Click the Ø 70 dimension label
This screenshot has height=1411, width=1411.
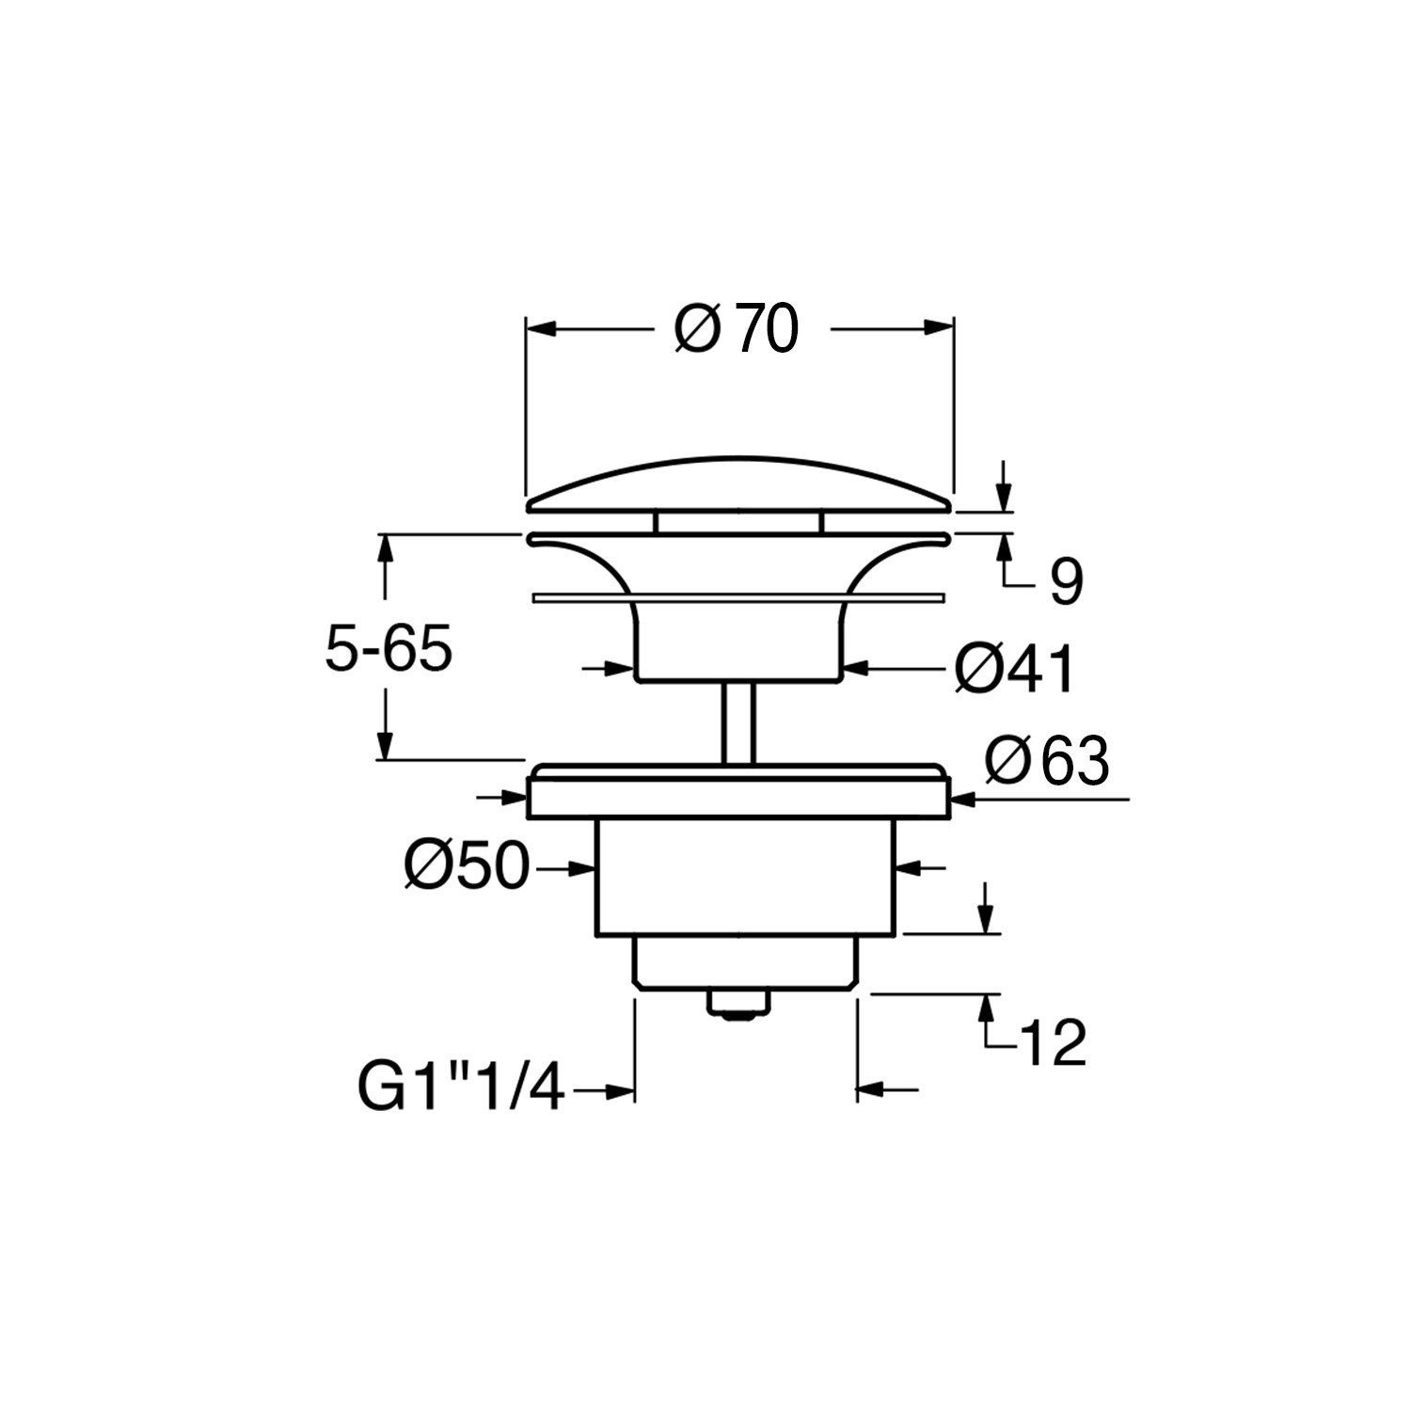coord(737,330)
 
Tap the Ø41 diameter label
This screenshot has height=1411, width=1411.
coord(1014,670)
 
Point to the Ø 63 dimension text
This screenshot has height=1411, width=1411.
coord(1046,761)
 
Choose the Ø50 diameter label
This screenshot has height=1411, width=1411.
coord(468,865)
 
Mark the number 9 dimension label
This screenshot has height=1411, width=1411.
coord(1066,583)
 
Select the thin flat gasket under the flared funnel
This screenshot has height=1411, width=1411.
coord(738,597)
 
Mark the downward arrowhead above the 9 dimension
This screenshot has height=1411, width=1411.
coord(1005,497)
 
